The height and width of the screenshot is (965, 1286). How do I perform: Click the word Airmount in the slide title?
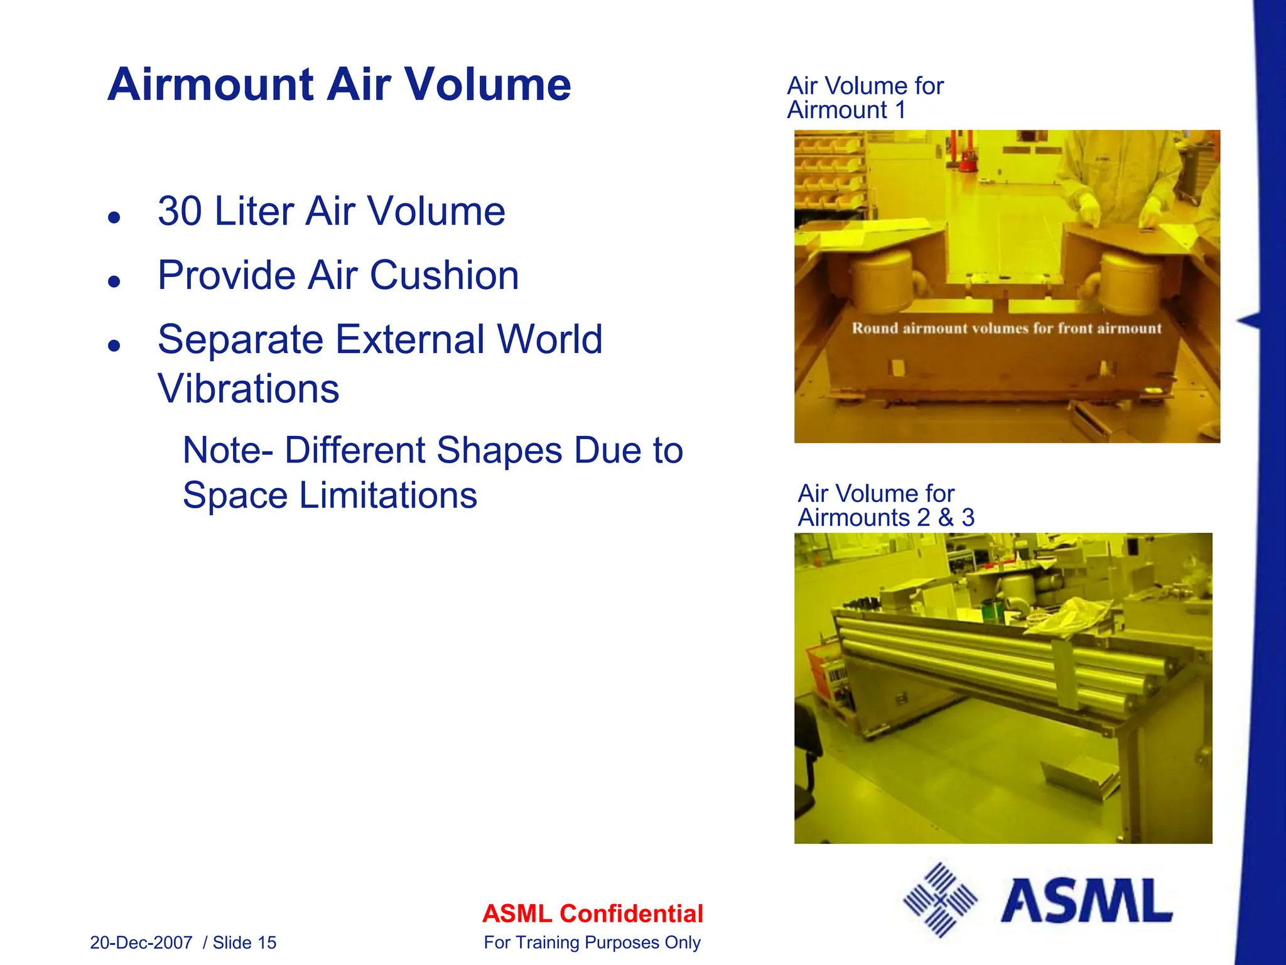[x=210, y=85]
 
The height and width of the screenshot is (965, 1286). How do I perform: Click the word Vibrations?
[x=249, y=389]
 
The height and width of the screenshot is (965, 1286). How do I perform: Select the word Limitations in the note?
[x=387, y=496]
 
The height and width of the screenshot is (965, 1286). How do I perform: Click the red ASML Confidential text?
[x=592, y=914]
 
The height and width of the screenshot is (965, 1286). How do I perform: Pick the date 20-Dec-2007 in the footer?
[x=141, y=942]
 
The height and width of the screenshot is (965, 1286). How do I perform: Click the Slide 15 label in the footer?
[x=245, y=942]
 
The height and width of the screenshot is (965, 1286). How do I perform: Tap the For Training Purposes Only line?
[x=592, y=942]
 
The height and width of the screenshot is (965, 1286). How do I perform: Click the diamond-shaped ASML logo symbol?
[x=940, y=900]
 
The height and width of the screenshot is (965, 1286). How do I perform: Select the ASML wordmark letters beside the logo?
[x=1086, y=900]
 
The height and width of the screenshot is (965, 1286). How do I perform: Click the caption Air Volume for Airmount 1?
[x=865, y=98]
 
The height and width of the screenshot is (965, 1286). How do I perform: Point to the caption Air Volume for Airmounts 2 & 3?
[x=885, y=506]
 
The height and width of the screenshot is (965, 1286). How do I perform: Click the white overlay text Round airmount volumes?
[x=1007, y=328]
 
